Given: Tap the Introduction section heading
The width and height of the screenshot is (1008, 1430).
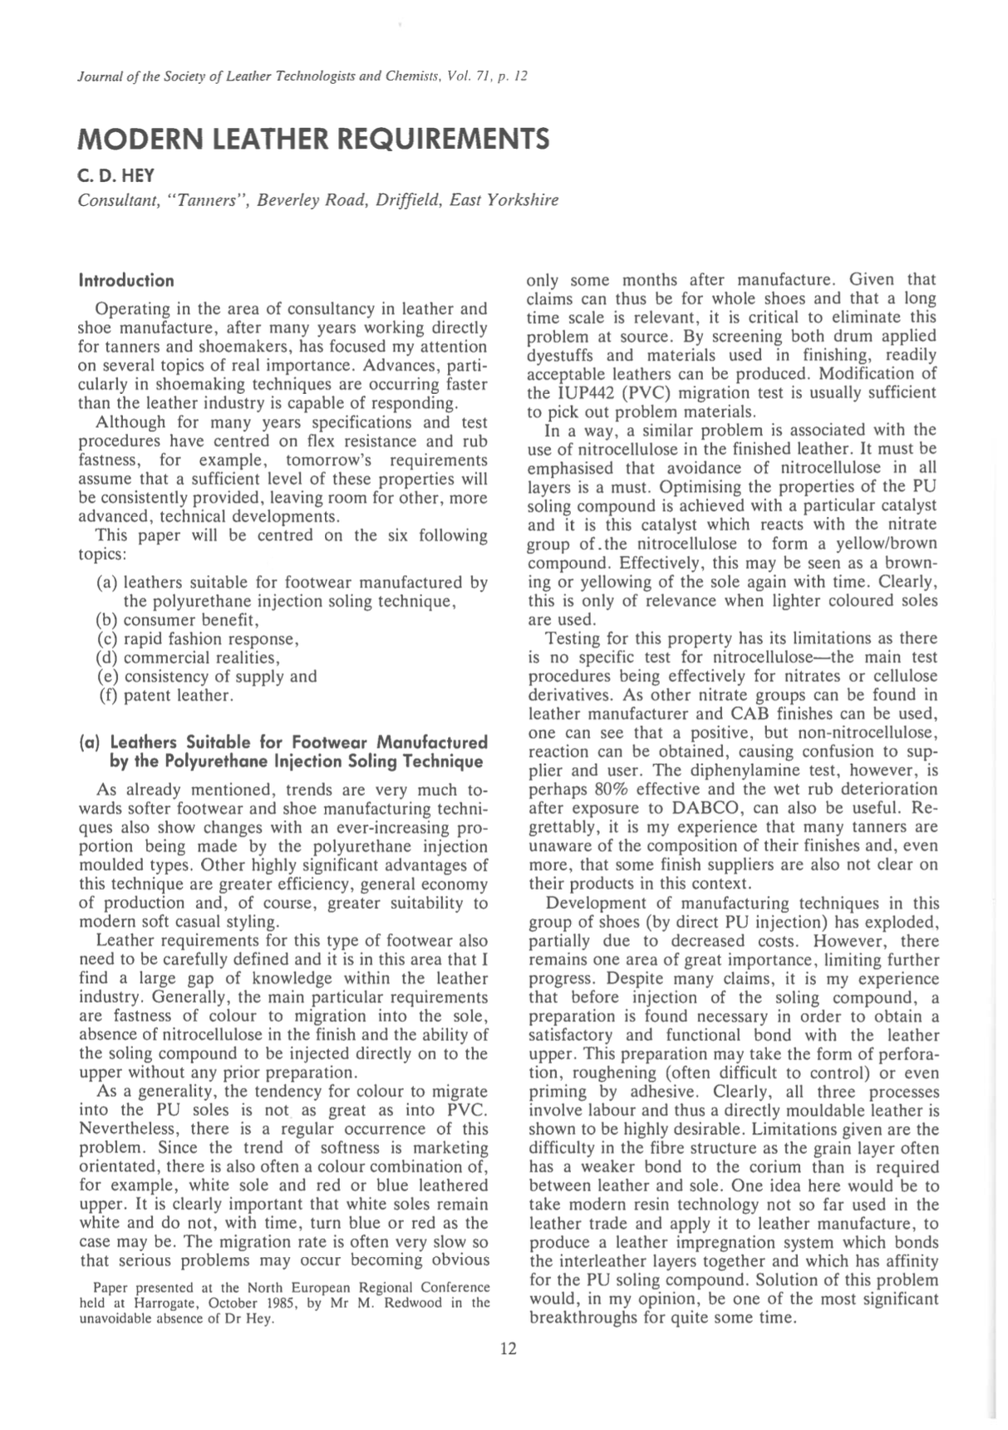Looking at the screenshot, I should pyautogui.click(x=126, y=280).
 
